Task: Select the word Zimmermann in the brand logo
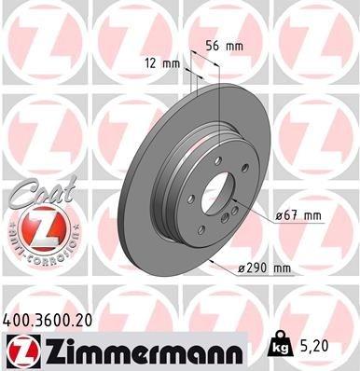click(124, 350)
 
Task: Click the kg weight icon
click(280, 347)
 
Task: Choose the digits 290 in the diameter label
click(258, 269)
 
